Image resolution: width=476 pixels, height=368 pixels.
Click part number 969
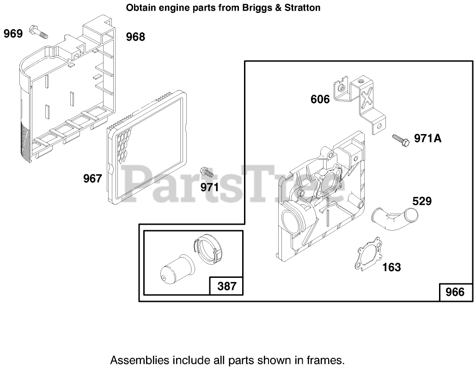(13, 34)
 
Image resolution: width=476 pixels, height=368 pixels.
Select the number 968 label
(135, 37)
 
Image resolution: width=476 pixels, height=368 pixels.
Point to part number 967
(92, 178)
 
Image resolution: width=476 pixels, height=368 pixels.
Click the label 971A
(427, 138)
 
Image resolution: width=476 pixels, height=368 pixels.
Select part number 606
(320, 99)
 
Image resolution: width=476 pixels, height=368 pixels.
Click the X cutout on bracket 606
(367, 98)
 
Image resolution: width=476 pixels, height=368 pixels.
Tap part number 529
(422, 201)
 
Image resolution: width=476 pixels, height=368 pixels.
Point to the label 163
(391, 267)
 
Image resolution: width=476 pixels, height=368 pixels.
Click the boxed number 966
(455, 293)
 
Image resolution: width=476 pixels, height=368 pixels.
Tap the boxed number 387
(227, 286)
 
